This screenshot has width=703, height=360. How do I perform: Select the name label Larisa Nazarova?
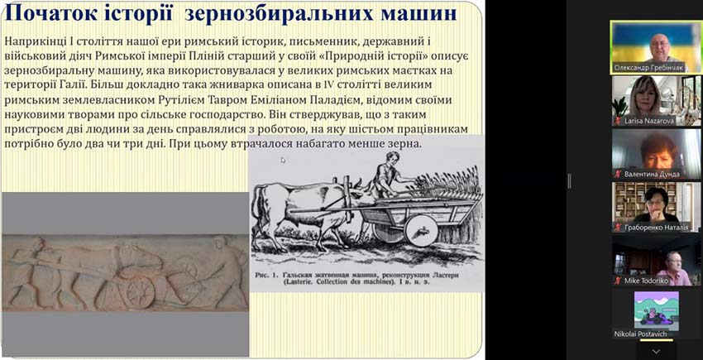[x=653, y=120]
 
